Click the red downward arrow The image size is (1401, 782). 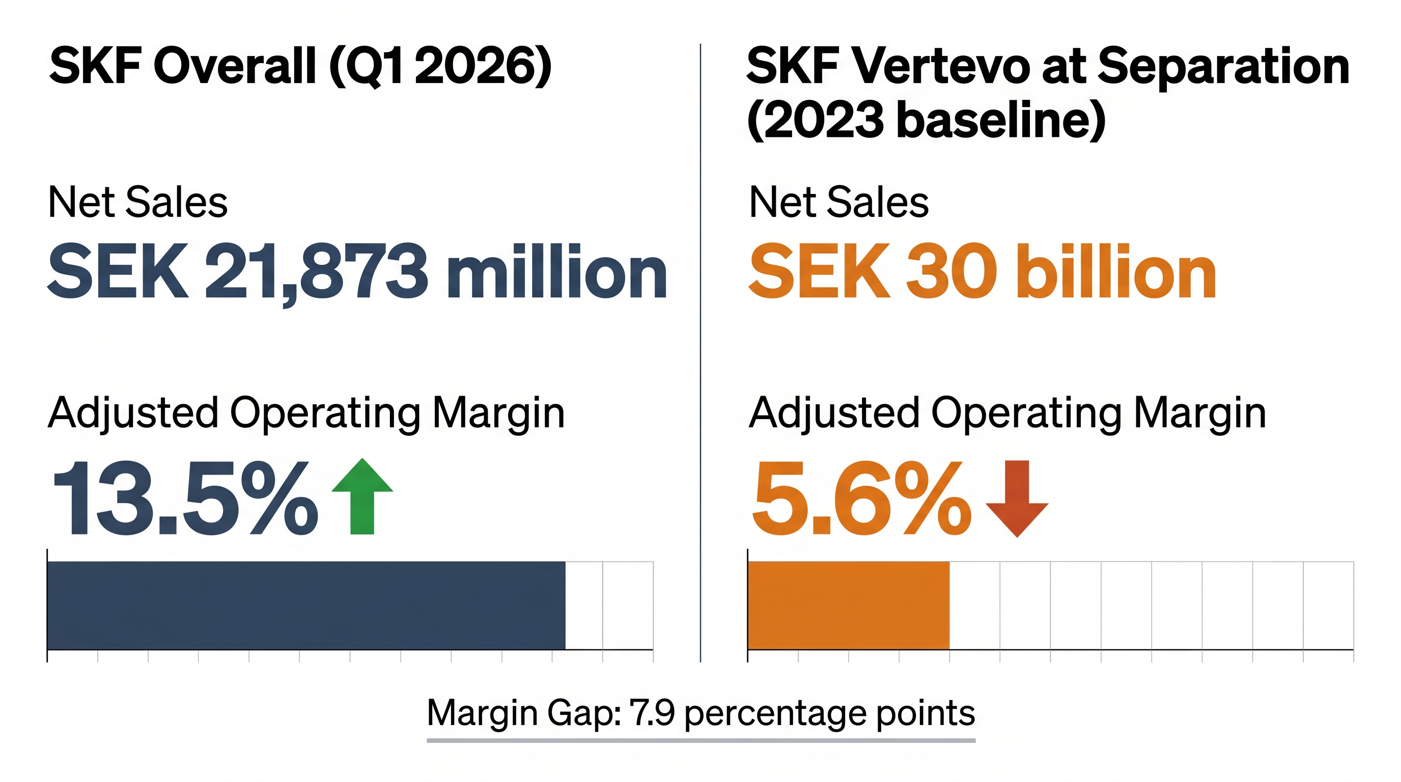click(1017, 498)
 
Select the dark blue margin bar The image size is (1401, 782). click(306, 605)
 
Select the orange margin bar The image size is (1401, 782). click(849, 605)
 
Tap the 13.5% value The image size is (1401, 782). click(185, 498)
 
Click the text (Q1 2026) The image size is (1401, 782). click(440, 66)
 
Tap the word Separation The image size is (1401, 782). click(1224, 66)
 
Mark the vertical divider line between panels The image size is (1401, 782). click(701, 353)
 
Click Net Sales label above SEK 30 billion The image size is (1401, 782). click(838, 202)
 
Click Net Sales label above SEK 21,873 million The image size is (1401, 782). click(137, 202)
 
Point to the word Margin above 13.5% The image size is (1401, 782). click(498, 413)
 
